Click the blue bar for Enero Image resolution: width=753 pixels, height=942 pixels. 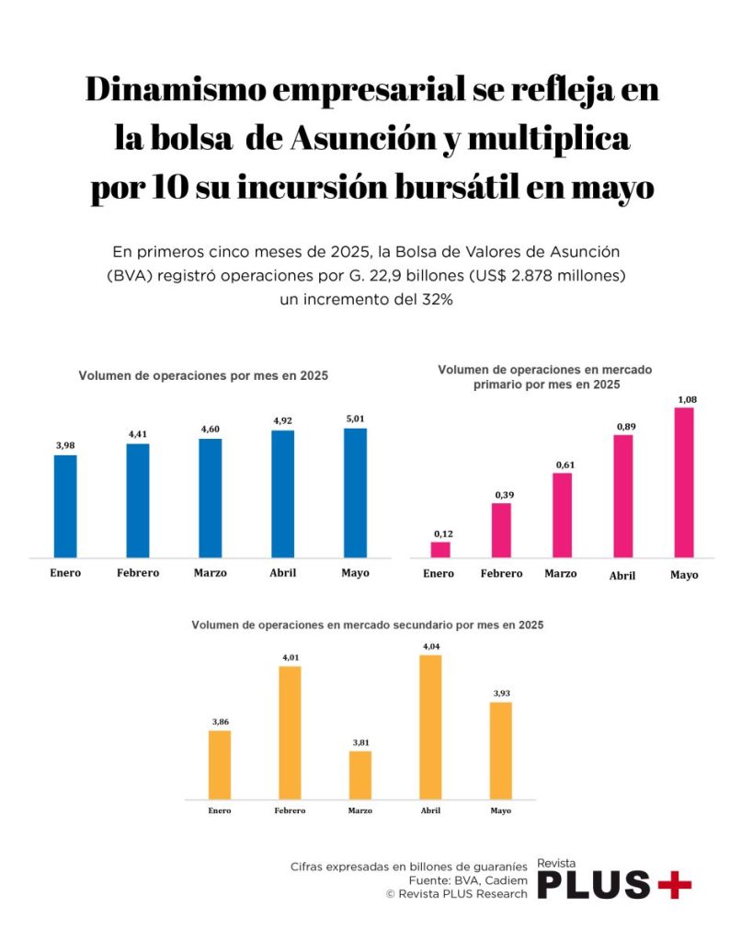(65, 506)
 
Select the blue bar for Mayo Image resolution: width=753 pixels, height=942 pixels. (355, 493)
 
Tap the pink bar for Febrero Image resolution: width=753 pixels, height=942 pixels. (501, 530)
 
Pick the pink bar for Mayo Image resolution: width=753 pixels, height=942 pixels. (684, 482)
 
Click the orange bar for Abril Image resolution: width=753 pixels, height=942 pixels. (430, 727)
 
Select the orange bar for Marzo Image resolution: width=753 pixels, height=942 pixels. (360, 775)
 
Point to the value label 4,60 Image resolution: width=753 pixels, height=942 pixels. (210, 430)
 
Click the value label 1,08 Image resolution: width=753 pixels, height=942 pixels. (686, 398)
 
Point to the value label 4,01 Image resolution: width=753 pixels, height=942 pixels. (290, 657)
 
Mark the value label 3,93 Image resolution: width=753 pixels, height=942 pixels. (500, 693)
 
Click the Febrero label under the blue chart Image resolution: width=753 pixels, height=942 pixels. (138, 573)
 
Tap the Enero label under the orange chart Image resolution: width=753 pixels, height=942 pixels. (219, 810)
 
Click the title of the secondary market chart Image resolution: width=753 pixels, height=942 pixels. (367, 625)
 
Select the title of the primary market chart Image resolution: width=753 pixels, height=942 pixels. (546, 377)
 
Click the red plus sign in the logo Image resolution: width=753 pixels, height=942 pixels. (675, 885)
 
